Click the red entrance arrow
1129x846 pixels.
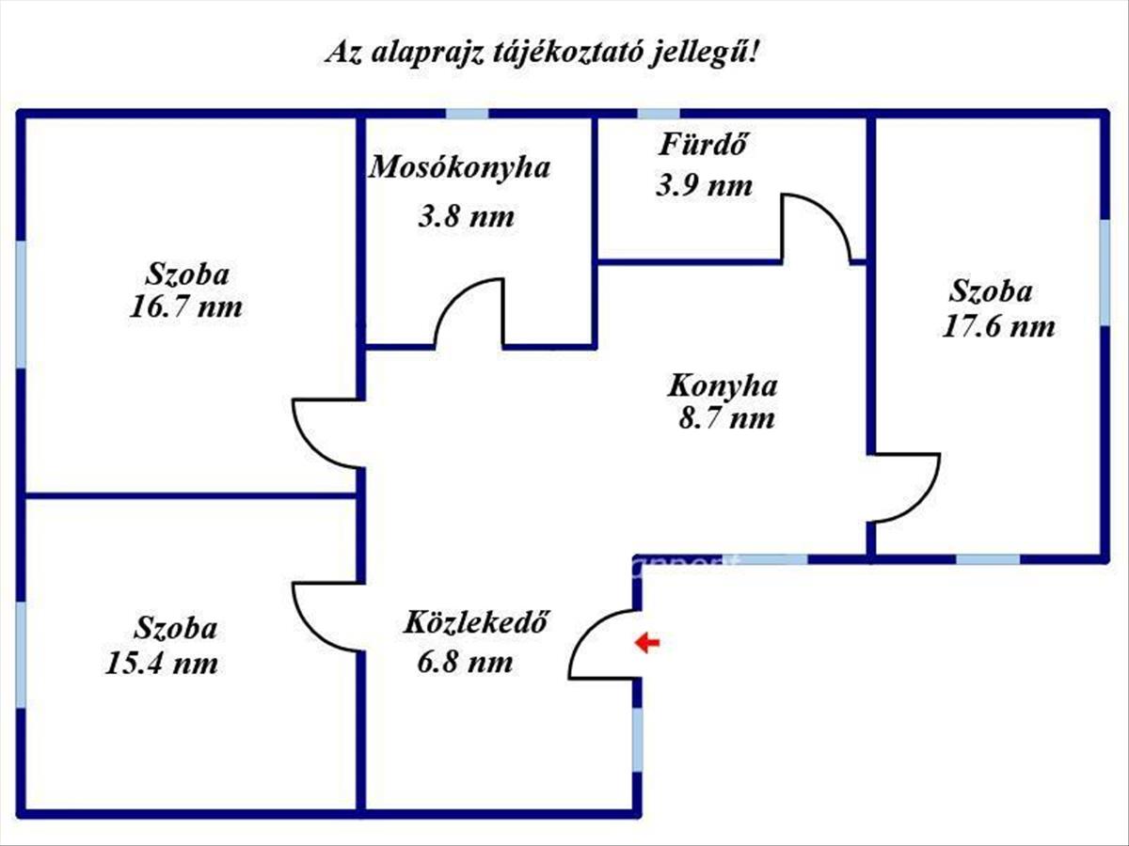click(x=647, y=643)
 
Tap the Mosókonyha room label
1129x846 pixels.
click(x=460, y=167)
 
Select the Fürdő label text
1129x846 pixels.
click(x=703, y=145)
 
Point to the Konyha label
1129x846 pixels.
click(x=723, y=385)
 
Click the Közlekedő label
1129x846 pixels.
click(x=476, y=622)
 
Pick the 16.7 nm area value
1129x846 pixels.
click(x=185, y=307)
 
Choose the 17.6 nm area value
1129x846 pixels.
click(x=998, y=327)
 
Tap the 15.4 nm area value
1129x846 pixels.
click(x=162, y=663)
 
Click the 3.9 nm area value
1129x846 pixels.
click(x=704, y=185)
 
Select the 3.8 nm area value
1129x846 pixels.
click(x=466, y=217)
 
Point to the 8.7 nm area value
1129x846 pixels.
click(x=726, y=418)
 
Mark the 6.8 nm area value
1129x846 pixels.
click(x=465, y=662)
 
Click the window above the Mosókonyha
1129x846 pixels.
click(x=467, y=114)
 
